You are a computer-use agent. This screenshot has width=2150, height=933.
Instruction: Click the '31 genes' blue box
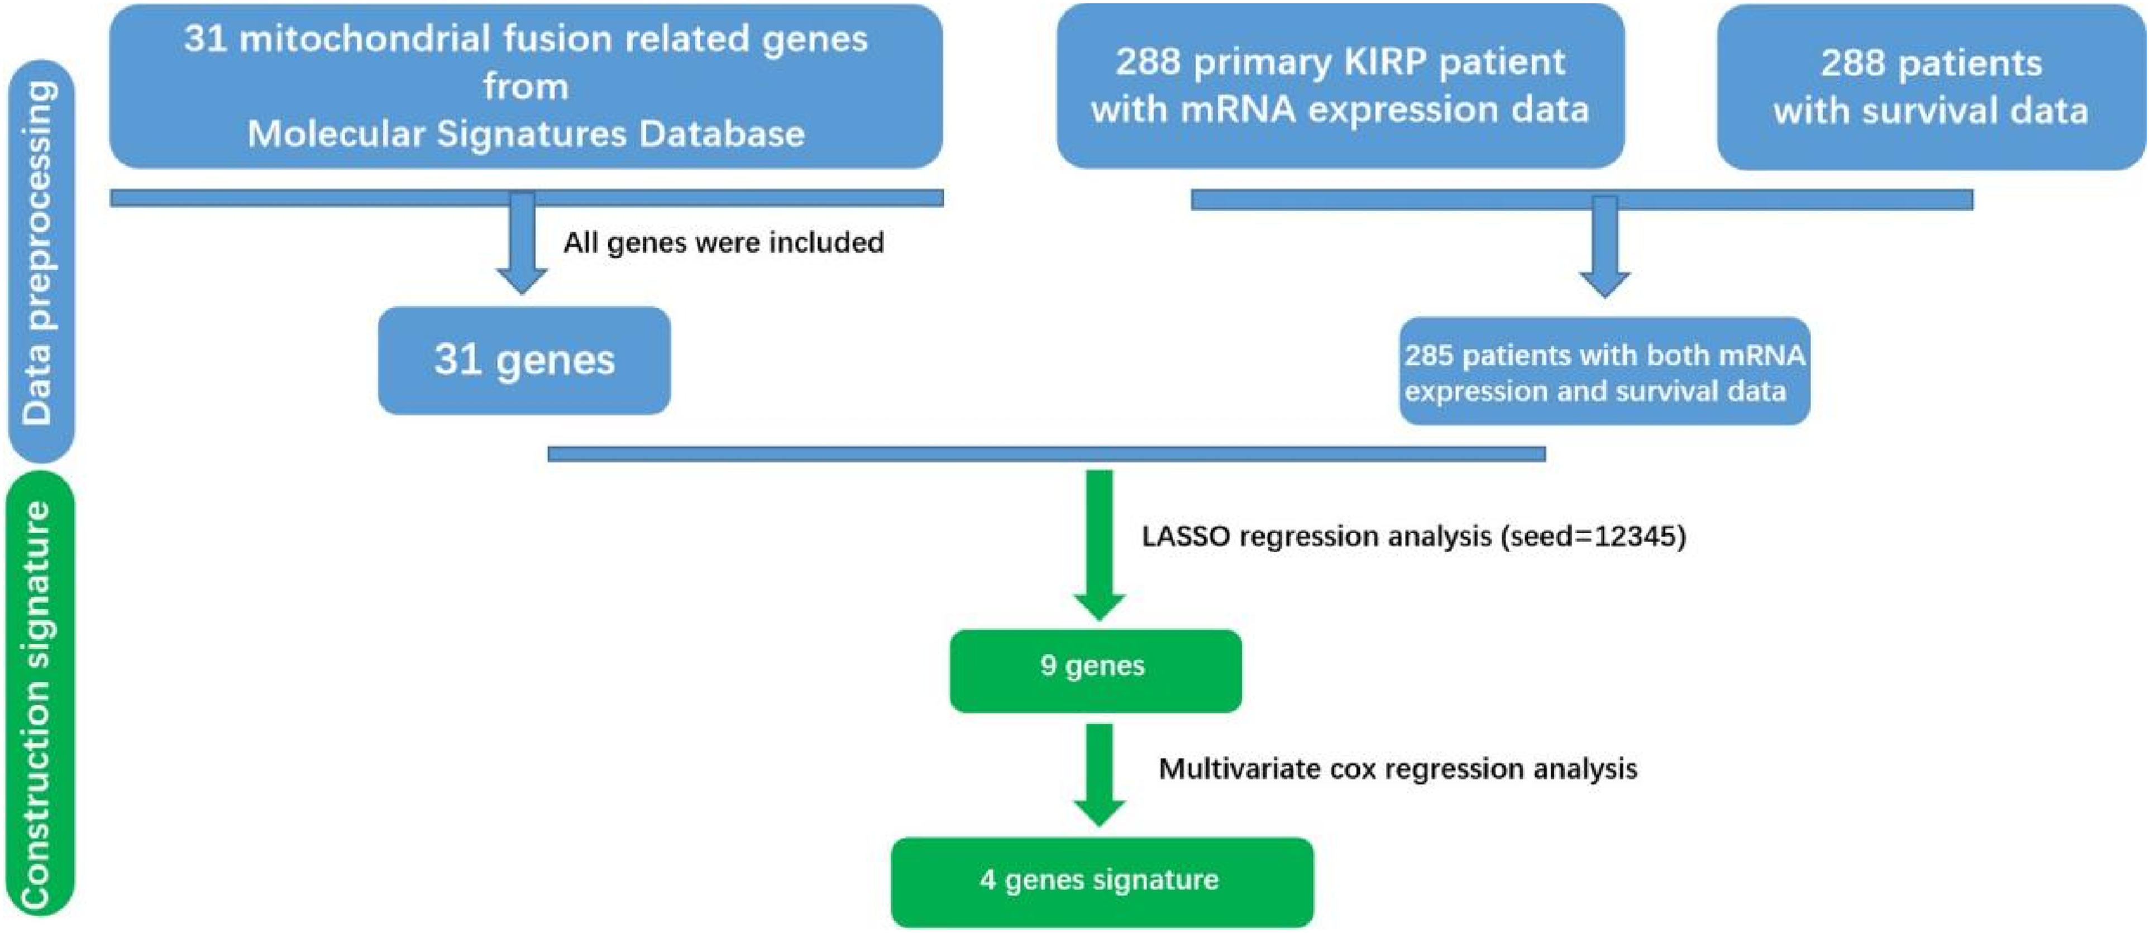point(524,361)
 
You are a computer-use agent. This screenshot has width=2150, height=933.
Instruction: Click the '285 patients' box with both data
point(1604,371)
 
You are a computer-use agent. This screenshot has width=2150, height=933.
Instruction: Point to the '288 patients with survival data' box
point(1931,87)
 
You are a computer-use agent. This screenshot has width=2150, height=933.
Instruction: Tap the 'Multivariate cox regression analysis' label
point(1398,769)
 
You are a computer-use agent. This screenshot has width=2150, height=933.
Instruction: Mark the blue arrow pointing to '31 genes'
point(522,243)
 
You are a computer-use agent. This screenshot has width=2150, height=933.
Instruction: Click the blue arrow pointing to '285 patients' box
point(1604,247)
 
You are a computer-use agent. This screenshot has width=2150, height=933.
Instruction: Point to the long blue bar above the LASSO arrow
point(1047,454)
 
